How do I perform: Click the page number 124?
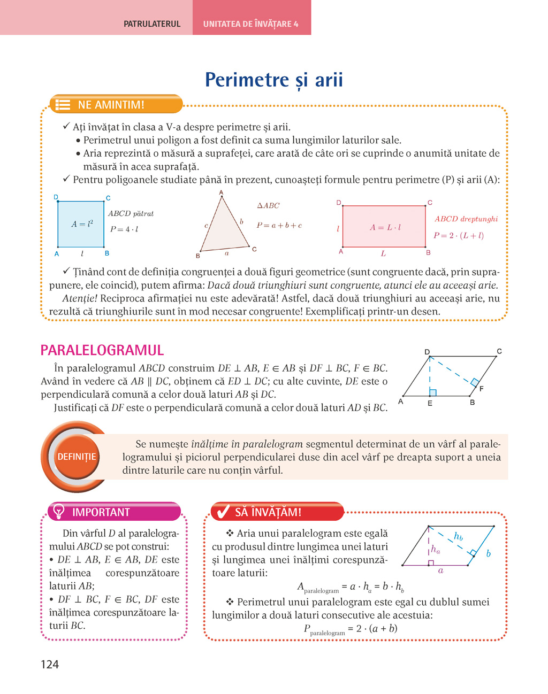(x=50, y=664)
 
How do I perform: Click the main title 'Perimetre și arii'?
(x=274, y=80)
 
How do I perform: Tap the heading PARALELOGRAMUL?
(x=102, y=350)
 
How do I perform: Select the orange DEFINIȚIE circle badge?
(x=77, y=457)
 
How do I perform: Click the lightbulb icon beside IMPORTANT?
(x=57, y=511)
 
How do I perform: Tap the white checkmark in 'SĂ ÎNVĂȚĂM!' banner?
(x=221, y=512)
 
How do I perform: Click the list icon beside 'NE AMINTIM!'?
(x=63, y=105)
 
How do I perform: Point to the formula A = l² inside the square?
(x=82, y=224)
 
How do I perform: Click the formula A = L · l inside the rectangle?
(x=385, y=227)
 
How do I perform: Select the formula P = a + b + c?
(x=279, y=226)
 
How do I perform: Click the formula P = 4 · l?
(x=124, y=229)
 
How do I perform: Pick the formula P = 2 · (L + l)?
(x=459, y=236)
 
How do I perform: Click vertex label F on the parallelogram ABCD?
(x=482, y=389)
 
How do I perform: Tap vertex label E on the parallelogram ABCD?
(x=430, y=404)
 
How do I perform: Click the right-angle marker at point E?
(x=433, y=392)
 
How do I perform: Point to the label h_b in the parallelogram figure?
(x=458, y=536)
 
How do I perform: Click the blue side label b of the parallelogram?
(x=488, y=553)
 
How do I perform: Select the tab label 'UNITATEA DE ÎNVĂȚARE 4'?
(x=251, y=24)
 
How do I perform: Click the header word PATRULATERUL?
(x=152, y=24)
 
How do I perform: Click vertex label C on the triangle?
(x=254, y=249)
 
